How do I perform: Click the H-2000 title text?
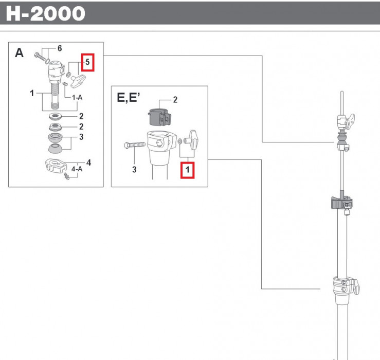pyautogui.click(x=45, y=13)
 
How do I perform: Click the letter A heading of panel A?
pyautogui.click(x=20, y=53)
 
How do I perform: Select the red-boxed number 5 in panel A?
pyautogui.click(x=87, y=62)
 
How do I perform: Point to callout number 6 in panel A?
pyautogui.click(x=60, y=48)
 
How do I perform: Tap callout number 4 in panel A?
pyautogui.click(x=89, y=163)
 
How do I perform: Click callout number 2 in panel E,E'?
pyautogui.click(x=175, y=99)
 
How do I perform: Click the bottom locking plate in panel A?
pyautogui.click(x=55, y=166)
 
